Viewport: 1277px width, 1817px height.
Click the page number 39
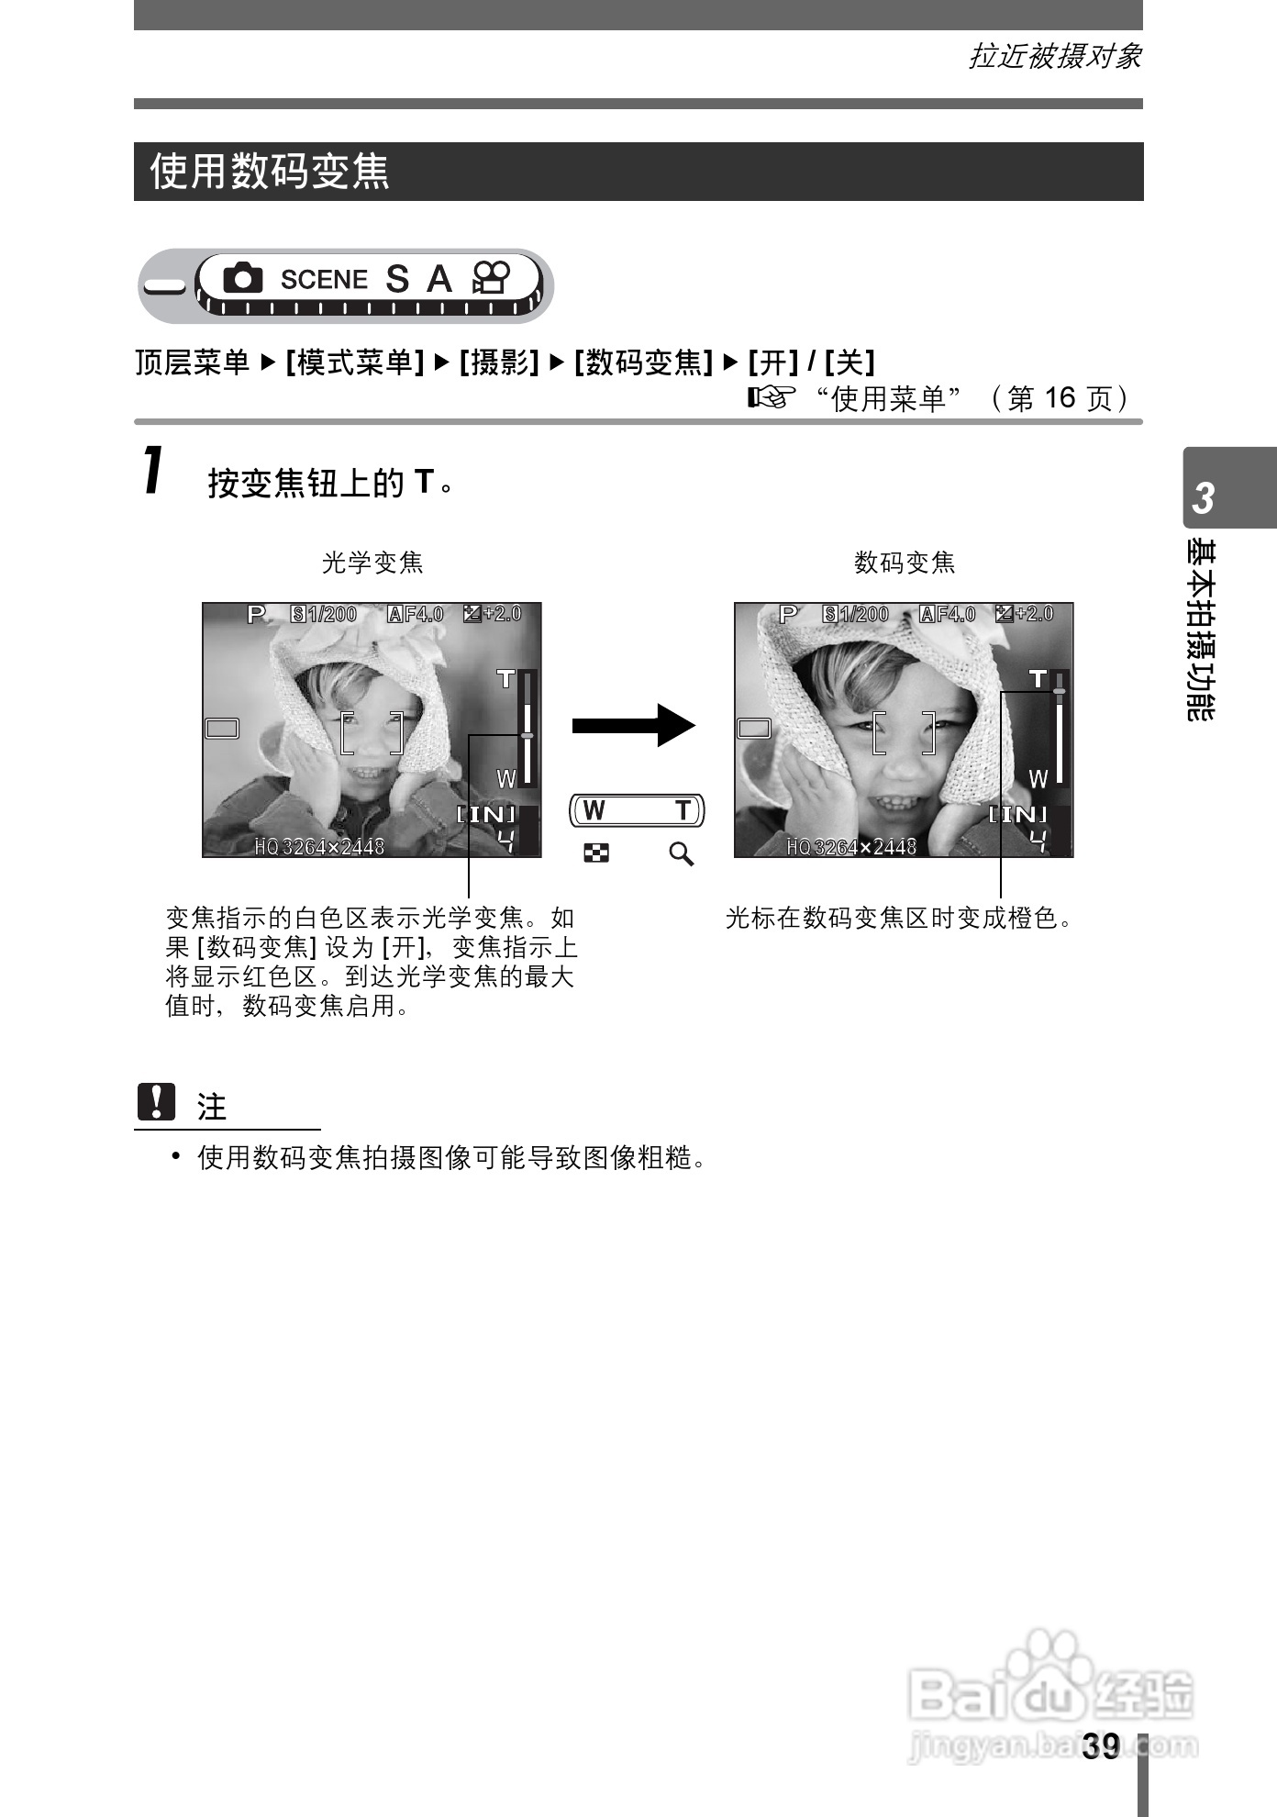click(x=1101, y=1745)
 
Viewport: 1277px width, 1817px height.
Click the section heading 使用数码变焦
click(x=270, y=172)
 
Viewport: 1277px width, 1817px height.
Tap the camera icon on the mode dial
click(x=242, y=278)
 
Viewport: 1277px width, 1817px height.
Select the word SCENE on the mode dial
click(x=323, y=279)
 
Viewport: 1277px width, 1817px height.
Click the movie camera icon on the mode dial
click(x=491, y=277)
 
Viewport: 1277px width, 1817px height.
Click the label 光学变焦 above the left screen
click(x=372, y=563)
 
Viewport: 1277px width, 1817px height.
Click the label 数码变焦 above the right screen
click(x=905, y=563)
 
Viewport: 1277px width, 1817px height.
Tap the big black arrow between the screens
click(x=633, y=725)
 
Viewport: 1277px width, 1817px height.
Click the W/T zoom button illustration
click(x=638, y=810)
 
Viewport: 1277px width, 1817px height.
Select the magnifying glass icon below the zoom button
click(x=681, y=854)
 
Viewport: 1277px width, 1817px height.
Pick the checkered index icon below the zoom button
click(x=595, y=854)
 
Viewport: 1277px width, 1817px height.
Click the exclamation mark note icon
click(x=156, y=1102)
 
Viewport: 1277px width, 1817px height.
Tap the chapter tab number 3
click(x=1203, y=498)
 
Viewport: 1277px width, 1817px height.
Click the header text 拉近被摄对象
click(x=1055, y=57)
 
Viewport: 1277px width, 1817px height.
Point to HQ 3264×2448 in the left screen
click(x=319, y=846)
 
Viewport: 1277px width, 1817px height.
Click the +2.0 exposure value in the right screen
click(x=1035, y=613)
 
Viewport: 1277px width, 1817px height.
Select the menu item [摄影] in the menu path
click(x=498, y=362)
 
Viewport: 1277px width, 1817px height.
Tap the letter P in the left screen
click(x=256, y=614)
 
